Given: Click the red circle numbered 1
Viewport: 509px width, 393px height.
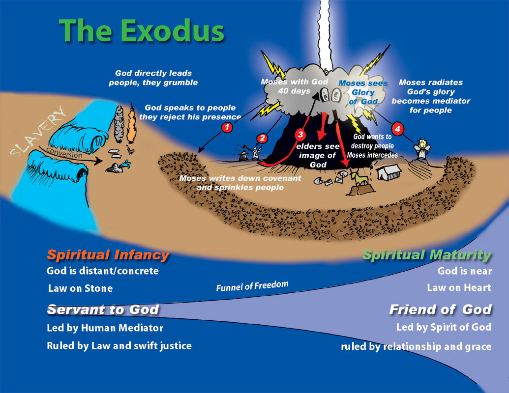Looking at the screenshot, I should coord(227,128).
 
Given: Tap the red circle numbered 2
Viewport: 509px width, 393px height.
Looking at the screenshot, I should coord(262,139).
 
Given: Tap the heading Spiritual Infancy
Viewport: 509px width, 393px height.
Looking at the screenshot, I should coord(108,255).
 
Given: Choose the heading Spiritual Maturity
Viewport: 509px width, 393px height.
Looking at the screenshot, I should coord(426,255).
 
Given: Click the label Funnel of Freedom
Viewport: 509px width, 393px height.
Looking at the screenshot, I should coord(252,286).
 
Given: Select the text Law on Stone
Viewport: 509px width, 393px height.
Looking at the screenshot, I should coord(80,288).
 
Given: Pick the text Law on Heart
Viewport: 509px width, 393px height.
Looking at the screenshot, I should coord(459,288).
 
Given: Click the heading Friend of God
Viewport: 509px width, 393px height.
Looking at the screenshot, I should coord(440,309).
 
